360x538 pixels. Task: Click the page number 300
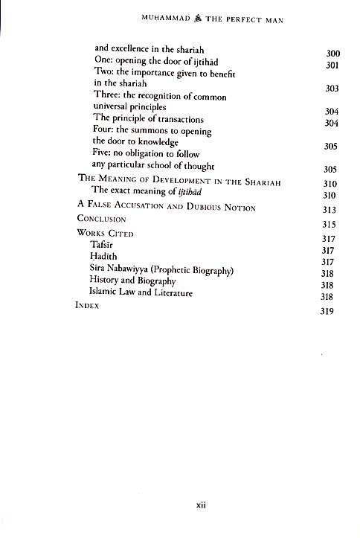[332, 54]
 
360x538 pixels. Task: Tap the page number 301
[332, 66]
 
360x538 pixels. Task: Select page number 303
[332, 89]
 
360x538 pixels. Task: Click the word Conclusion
[102, 220]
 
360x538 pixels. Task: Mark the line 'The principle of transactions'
[149, 119]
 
